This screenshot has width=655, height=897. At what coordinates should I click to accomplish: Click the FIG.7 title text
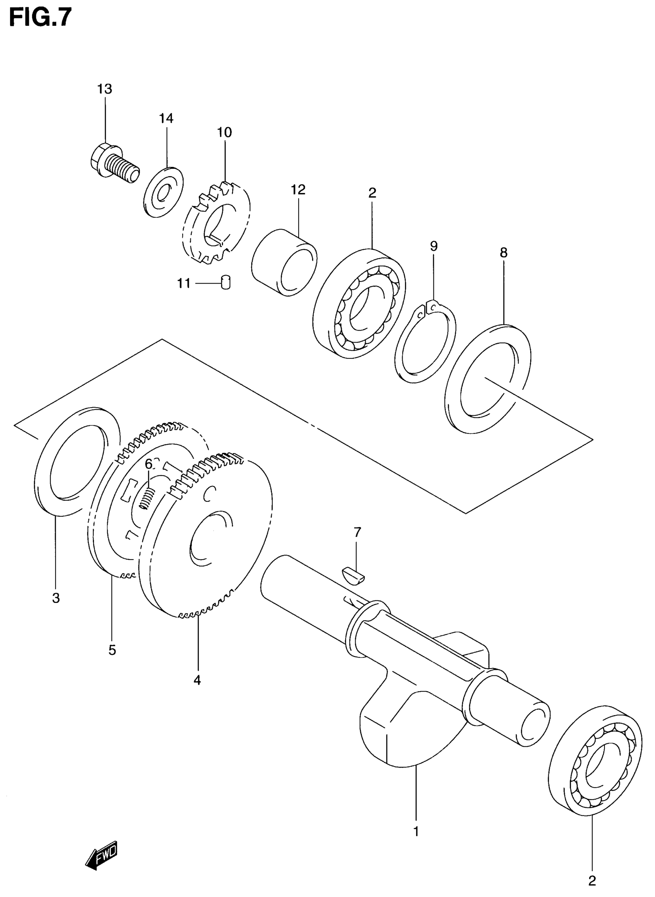point(40,18)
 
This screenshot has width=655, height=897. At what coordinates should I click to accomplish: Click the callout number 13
point(105,89)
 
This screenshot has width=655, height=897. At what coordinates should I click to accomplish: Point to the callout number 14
point(166,118)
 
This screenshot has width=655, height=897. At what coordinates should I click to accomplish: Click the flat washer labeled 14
point(163,192)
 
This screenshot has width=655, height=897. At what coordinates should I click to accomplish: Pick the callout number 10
point(224,133)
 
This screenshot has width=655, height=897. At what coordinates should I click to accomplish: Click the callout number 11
point(184,284)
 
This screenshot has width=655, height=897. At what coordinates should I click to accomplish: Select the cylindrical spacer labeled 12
point(284,262)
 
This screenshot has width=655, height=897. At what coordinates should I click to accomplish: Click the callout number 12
point(298,190)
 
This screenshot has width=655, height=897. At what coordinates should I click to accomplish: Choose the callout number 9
point(434,246)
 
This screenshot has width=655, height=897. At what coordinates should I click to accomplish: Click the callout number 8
point(504,253)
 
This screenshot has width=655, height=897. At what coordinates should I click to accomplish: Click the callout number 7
point(357,532)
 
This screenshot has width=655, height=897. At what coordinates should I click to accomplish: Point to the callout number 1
point(416,831)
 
